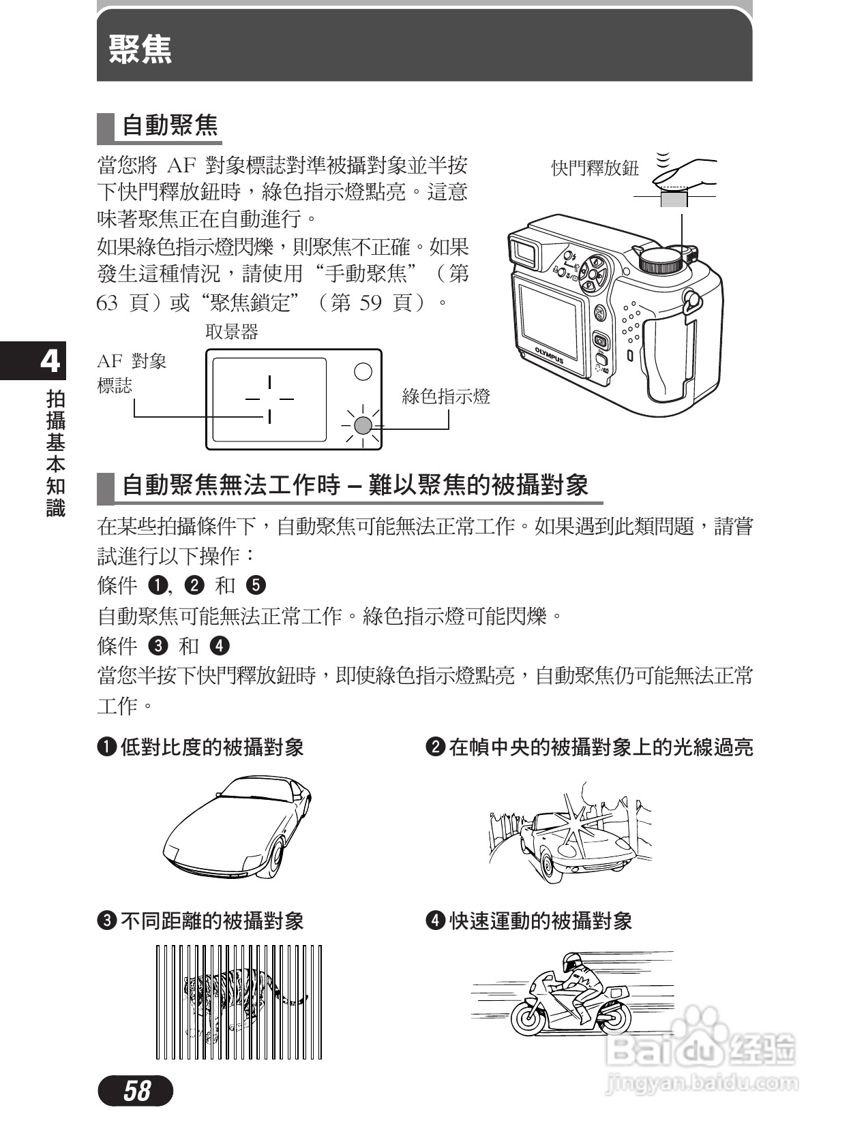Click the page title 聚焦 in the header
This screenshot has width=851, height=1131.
click(140, 49)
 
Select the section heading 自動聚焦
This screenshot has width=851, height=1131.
click(170, 126)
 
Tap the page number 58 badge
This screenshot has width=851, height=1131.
click(136, 1091)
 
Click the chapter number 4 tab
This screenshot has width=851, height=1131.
click(49, 361)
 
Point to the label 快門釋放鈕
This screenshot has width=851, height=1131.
click(595, 168)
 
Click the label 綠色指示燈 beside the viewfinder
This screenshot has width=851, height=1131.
click(446, 397)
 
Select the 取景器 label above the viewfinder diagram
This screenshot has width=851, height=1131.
click(232, 332)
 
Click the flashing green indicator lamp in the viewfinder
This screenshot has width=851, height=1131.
click(363, 425)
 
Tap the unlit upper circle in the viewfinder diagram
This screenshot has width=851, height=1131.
click(363, 371)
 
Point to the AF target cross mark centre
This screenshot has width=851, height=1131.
click(269, 399)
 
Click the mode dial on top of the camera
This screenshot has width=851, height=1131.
click(660, 259)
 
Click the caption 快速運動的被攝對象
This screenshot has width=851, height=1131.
click(540, 921)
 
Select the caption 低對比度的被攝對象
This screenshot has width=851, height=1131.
click(211, 747)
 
